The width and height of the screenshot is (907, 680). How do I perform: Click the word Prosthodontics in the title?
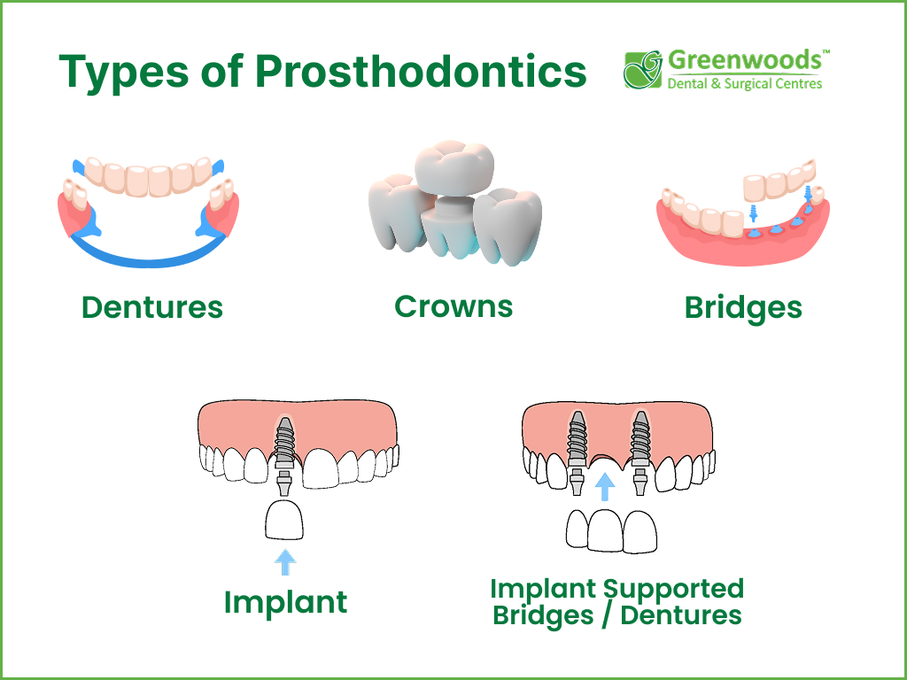tap(421, 73)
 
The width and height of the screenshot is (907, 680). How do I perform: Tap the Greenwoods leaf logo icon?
tap(643, 70)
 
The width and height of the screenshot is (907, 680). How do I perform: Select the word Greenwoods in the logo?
tap(744, 62)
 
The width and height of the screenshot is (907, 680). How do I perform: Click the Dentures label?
tap(152, 307)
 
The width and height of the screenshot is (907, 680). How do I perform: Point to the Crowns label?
tap(453, 306)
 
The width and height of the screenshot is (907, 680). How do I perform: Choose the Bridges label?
tap(743, 308)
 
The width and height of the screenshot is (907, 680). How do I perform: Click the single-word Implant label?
tap(285, 603)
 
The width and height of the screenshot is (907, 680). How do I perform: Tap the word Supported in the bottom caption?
tap(674, 588)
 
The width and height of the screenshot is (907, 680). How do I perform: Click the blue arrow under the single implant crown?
tap(285, 561)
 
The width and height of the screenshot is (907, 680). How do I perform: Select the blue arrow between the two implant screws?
tap(606, 487)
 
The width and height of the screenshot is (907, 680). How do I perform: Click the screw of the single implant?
tap(285, 440)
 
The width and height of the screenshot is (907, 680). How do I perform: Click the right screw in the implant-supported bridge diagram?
tap(640, 435)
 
